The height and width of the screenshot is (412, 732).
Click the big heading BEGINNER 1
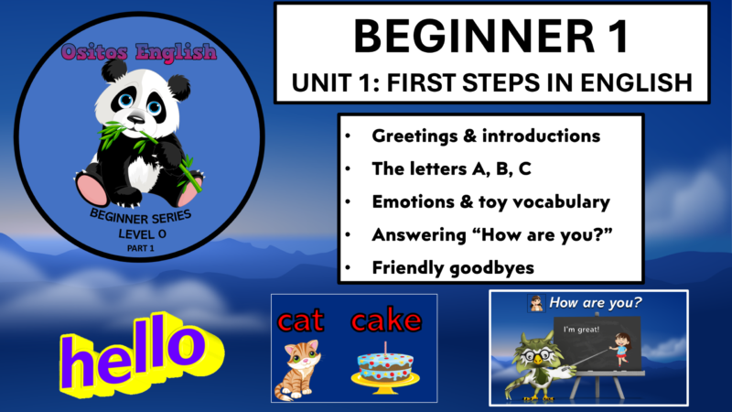[x=491, y=38]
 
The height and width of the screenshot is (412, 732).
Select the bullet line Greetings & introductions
[x=486, y=136]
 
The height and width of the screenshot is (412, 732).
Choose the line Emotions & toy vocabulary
[x=490, y=201]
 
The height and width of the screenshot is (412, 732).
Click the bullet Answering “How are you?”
[x=492, y=234]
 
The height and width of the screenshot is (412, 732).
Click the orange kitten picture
[x=303, y=368]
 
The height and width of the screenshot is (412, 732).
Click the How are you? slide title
[x=594, y=302]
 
